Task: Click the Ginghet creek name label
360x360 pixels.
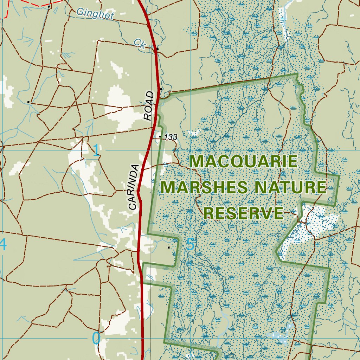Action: [x=95, y=14]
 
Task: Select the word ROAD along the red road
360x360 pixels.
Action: [x=149, y=106]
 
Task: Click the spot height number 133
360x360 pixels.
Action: [x=171, y=137]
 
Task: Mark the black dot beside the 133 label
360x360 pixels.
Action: [x=160, y=136]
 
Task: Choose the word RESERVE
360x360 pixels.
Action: [x=244, y=213]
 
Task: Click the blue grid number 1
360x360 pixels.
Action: [x=96, y=151]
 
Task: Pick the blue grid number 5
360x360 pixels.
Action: [x=190, y=245]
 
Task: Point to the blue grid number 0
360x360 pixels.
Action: [x=96, y=339]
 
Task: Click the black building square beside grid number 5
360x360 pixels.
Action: [x=169, y=247]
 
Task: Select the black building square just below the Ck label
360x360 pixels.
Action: [x=158, y=49]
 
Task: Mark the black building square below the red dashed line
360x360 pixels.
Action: [x=49, y=6]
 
